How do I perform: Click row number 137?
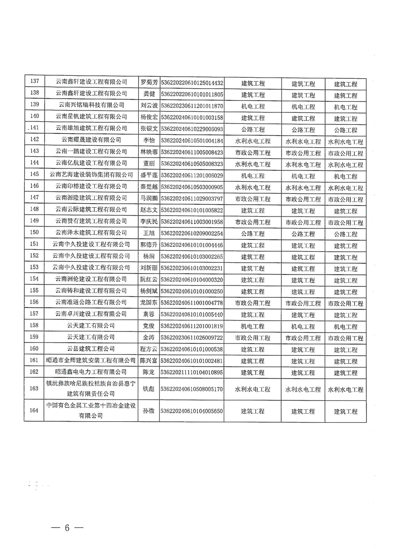click(35, 82)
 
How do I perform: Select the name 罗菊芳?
click(149, 82)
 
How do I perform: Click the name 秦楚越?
click(149, 187)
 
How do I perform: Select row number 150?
click(35, 233)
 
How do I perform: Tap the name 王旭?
click(149, 233)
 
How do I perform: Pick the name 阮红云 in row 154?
click(149, 279)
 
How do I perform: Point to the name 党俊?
click(149, 326)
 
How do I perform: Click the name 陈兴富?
click(149, 360)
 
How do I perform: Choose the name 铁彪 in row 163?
click(149, 389)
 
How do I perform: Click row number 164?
click(35, 410)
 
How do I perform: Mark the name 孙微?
click(149, 410)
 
